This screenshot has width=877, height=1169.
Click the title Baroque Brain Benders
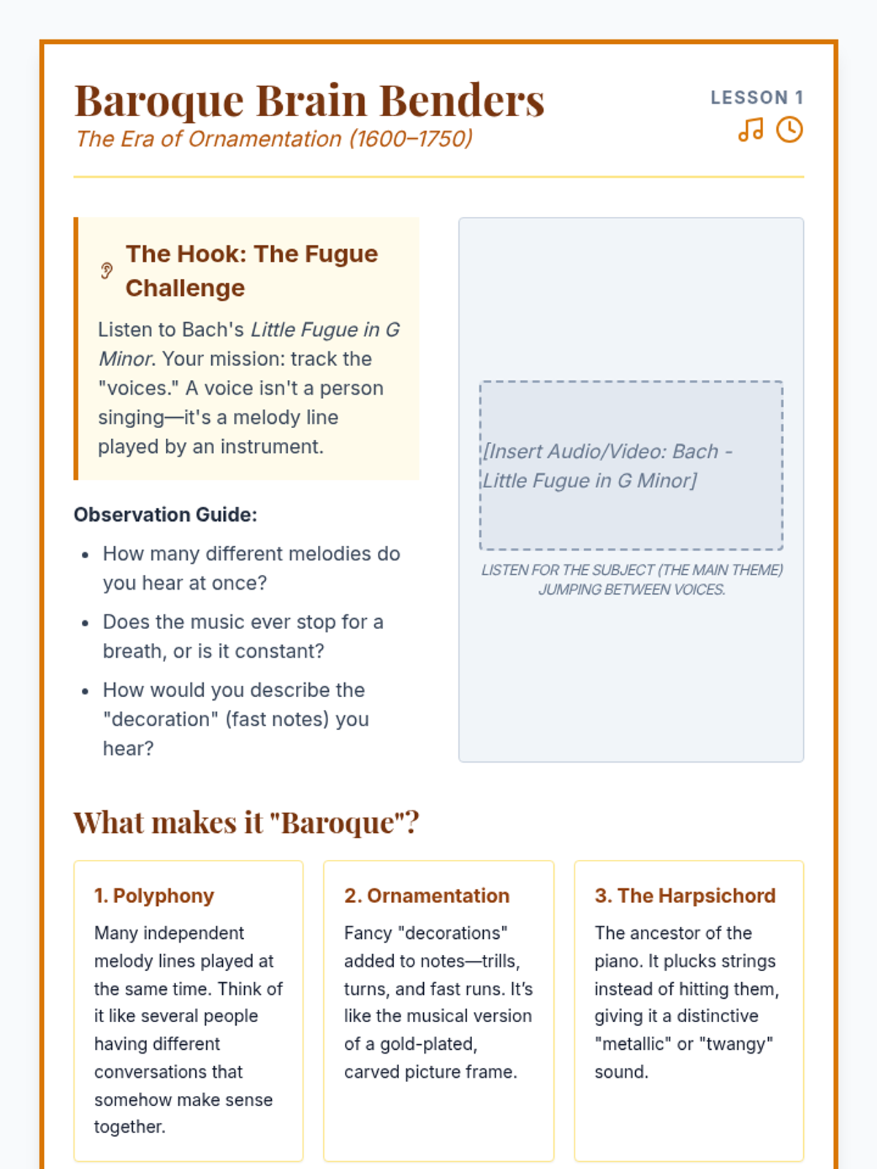(309, 100)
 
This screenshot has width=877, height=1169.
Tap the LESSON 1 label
(756, 97)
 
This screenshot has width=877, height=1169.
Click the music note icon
(751, 130)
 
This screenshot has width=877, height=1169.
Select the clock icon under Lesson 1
(789, 130)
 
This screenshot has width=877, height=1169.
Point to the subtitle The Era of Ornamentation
(274, 139)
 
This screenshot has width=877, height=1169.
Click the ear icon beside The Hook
(107, 271)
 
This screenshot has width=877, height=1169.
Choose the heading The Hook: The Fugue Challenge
(251, 270)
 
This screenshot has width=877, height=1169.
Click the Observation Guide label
(165, 514)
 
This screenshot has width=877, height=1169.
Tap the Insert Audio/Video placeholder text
(607, 465)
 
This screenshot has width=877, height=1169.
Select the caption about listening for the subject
(631, 579)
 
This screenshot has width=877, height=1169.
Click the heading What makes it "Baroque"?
(246, 823)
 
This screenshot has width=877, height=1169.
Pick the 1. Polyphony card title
(154, 896)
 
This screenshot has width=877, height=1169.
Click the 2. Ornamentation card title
(427, 896)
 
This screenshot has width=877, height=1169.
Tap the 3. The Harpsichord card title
(685, 896)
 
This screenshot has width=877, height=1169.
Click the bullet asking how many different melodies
(251, 568)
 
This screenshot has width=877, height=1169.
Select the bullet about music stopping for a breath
(243, 636)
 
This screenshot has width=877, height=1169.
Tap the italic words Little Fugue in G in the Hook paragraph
(325, 330)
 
